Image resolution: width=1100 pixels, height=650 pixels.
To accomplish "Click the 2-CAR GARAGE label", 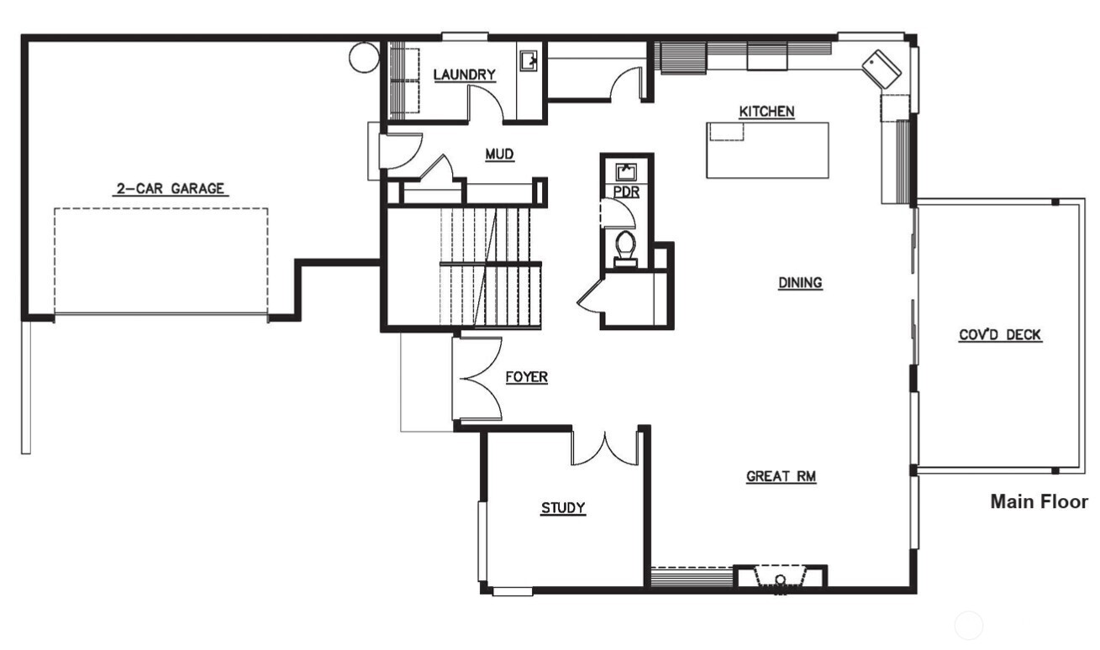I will point(170,189).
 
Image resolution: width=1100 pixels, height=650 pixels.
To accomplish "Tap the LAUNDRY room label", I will point(464,75).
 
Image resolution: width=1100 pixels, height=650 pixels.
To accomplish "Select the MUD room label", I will point(499,154).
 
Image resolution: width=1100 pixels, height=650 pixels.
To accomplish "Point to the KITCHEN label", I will point(766,111).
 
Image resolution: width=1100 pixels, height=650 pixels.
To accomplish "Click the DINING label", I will point(799,282).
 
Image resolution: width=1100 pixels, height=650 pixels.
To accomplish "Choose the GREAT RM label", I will point(782,476).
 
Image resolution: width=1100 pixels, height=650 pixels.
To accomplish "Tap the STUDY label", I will point(562,507).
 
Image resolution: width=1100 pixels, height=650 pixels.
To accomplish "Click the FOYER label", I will point(526,377).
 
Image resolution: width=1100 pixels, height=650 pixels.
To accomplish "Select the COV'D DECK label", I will point(1000,335).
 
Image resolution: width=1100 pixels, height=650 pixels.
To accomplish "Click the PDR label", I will point(626,192).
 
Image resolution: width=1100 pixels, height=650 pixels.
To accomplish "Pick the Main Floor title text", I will point(1039,501).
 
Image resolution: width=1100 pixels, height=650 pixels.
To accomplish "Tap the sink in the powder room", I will point(626,171).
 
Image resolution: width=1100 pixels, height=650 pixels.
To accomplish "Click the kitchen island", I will point(767,149).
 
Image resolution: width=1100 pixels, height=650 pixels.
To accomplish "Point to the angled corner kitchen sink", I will point(882,66).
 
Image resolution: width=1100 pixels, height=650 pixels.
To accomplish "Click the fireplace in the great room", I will point(781,578).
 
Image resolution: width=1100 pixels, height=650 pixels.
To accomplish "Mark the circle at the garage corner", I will point(364,57).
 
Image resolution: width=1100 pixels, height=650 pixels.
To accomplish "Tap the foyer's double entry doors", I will point(479,378).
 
